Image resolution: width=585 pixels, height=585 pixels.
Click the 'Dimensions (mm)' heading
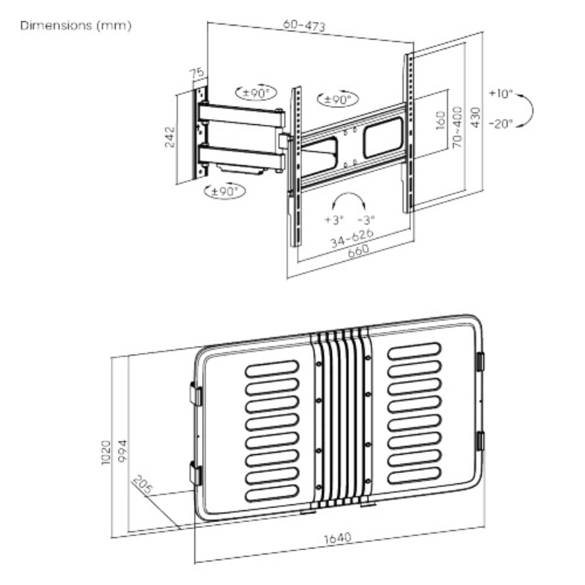pos(76,26)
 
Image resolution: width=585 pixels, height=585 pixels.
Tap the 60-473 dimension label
pos(304,26)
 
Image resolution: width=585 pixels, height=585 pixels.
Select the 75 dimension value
pos(197,72)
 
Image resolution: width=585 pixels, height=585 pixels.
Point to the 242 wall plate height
pos(170,137)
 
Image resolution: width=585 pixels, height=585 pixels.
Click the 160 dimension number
pos(441,120)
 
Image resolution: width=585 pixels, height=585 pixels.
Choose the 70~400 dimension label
pos(457,127)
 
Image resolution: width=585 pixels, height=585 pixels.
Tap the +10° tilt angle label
pos(501,94)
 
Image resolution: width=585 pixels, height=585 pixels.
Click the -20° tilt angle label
pos(501,123)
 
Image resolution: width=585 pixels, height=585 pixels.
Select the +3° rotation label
pos(334,219)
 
